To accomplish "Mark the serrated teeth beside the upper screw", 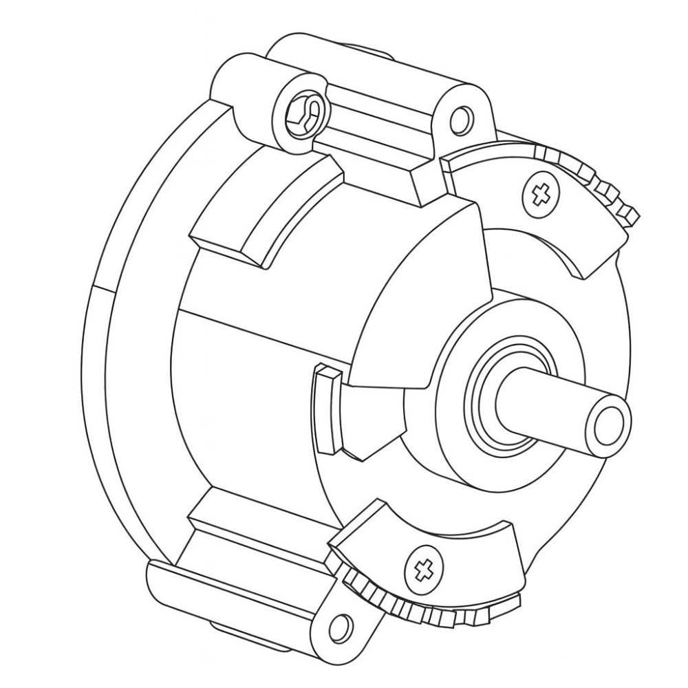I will pyautogui.click(x=605, y=186).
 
